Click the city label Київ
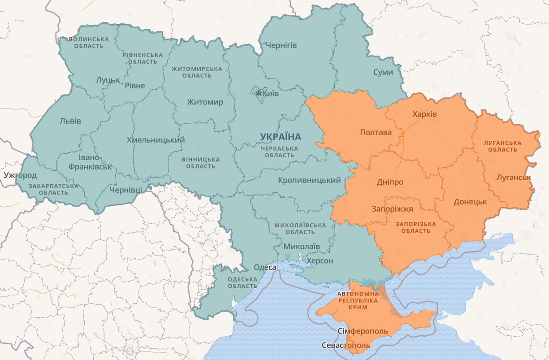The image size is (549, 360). coord(270,94)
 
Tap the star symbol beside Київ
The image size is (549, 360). coord(258,94)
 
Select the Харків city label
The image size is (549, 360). coord(424,114)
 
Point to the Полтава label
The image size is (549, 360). coord(376,132)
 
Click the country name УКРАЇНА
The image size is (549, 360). coord(281,136)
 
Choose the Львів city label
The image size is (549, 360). coord(70,121)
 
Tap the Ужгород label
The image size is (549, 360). coord(20,175)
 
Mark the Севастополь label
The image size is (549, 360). coord(346,345)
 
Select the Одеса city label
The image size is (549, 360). coord(265,267)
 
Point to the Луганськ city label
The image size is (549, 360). coord(514,178)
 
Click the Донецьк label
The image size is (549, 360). coord(470,202)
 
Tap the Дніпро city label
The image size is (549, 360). coord(390,182)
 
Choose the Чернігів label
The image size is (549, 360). coord(281,45)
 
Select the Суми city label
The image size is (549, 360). coord(383,72)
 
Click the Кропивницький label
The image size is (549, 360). coord(309,180)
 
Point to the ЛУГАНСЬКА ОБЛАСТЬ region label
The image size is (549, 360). coord(502,146)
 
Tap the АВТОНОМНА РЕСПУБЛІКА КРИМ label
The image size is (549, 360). coord(358,300)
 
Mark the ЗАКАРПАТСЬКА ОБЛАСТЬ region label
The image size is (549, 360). coord(48,189)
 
